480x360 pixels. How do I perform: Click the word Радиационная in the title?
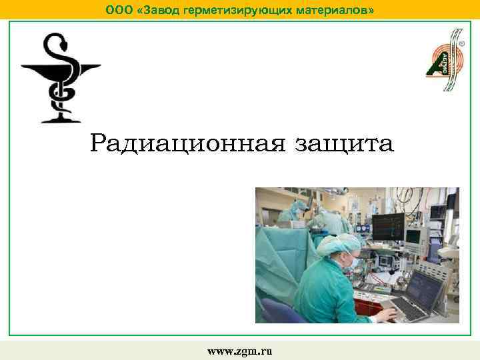pyautogui.click(x=190, y=143)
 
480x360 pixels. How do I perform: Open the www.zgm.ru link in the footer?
pyautogui.click(x=240, y=351)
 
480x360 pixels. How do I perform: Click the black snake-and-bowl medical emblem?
pyautogui.click(x=61, y=79)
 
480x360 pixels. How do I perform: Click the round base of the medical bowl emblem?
pyautogui.click(x=61, y=119)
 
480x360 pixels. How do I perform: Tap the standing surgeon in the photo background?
pyautogui.click(x=293, y=213)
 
